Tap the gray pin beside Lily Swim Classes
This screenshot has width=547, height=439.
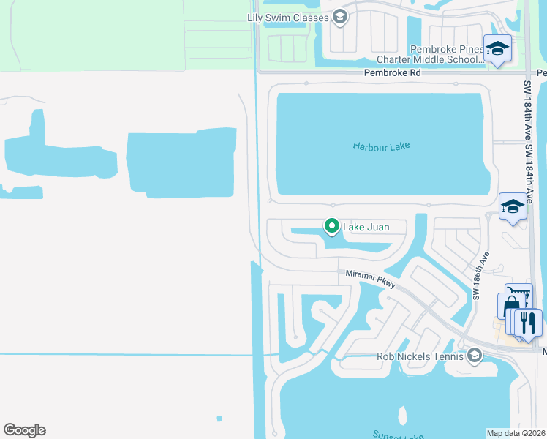coord(339,17)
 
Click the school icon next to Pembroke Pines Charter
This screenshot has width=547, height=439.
coord(498,48)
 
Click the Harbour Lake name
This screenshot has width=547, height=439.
coord(381,146)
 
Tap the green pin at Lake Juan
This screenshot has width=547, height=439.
coord(331,228)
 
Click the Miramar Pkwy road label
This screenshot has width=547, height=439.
coord(371,278)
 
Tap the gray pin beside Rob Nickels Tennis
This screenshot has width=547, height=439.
coord(475,356)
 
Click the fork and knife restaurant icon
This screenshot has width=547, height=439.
coord(528,322)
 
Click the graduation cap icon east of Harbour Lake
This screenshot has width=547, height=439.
coord(513,206)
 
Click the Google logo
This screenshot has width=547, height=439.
coord(24,430)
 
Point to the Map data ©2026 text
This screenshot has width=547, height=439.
coord(516,433)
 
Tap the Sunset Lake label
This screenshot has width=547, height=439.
coord(399,436)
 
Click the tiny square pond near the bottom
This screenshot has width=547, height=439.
coord(219,419)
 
